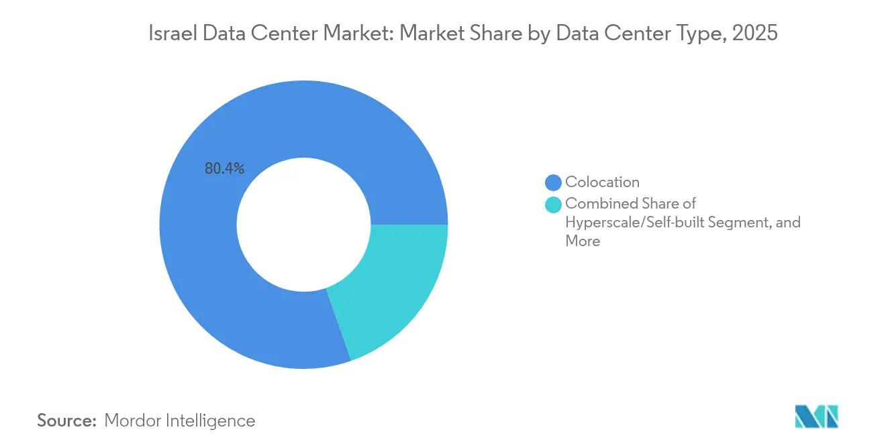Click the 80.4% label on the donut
coord(224,169)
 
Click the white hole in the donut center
coord(303,225)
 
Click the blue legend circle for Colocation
coord(554,182)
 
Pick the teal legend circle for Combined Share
coord(554,204)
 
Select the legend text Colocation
coord(602,182)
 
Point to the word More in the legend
coord(583,241)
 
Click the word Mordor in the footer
coord(133,421)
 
